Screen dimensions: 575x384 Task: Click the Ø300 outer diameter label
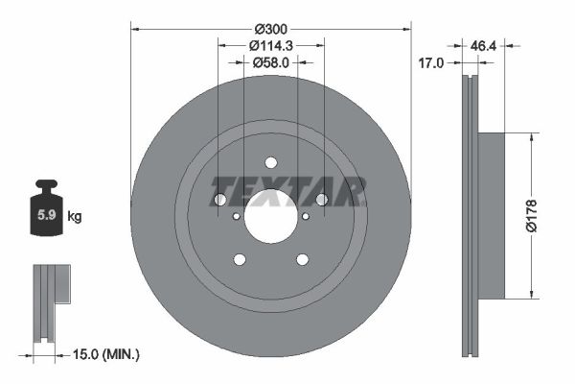[x=271, y=29]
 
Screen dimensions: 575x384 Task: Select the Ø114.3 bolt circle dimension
[x=271, y=45]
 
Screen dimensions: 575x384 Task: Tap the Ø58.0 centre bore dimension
[x=271, y=62]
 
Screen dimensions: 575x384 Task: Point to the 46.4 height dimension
[x=483, y=46]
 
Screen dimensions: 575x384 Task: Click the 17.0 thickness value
[x=431, y=63]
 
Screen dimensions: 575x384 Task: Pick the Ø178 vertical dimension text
[x=531, y=216]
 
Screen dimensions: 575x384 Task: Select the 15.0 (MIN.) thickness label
[x=106, y=354]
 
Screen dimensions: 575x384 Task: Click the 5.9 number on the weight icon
[x=47, y=215]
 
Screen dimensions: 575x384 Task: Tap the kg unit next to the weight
[x=75, y=216]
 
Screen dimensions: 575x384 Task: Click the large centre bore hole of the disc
[x=270, y=217]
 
